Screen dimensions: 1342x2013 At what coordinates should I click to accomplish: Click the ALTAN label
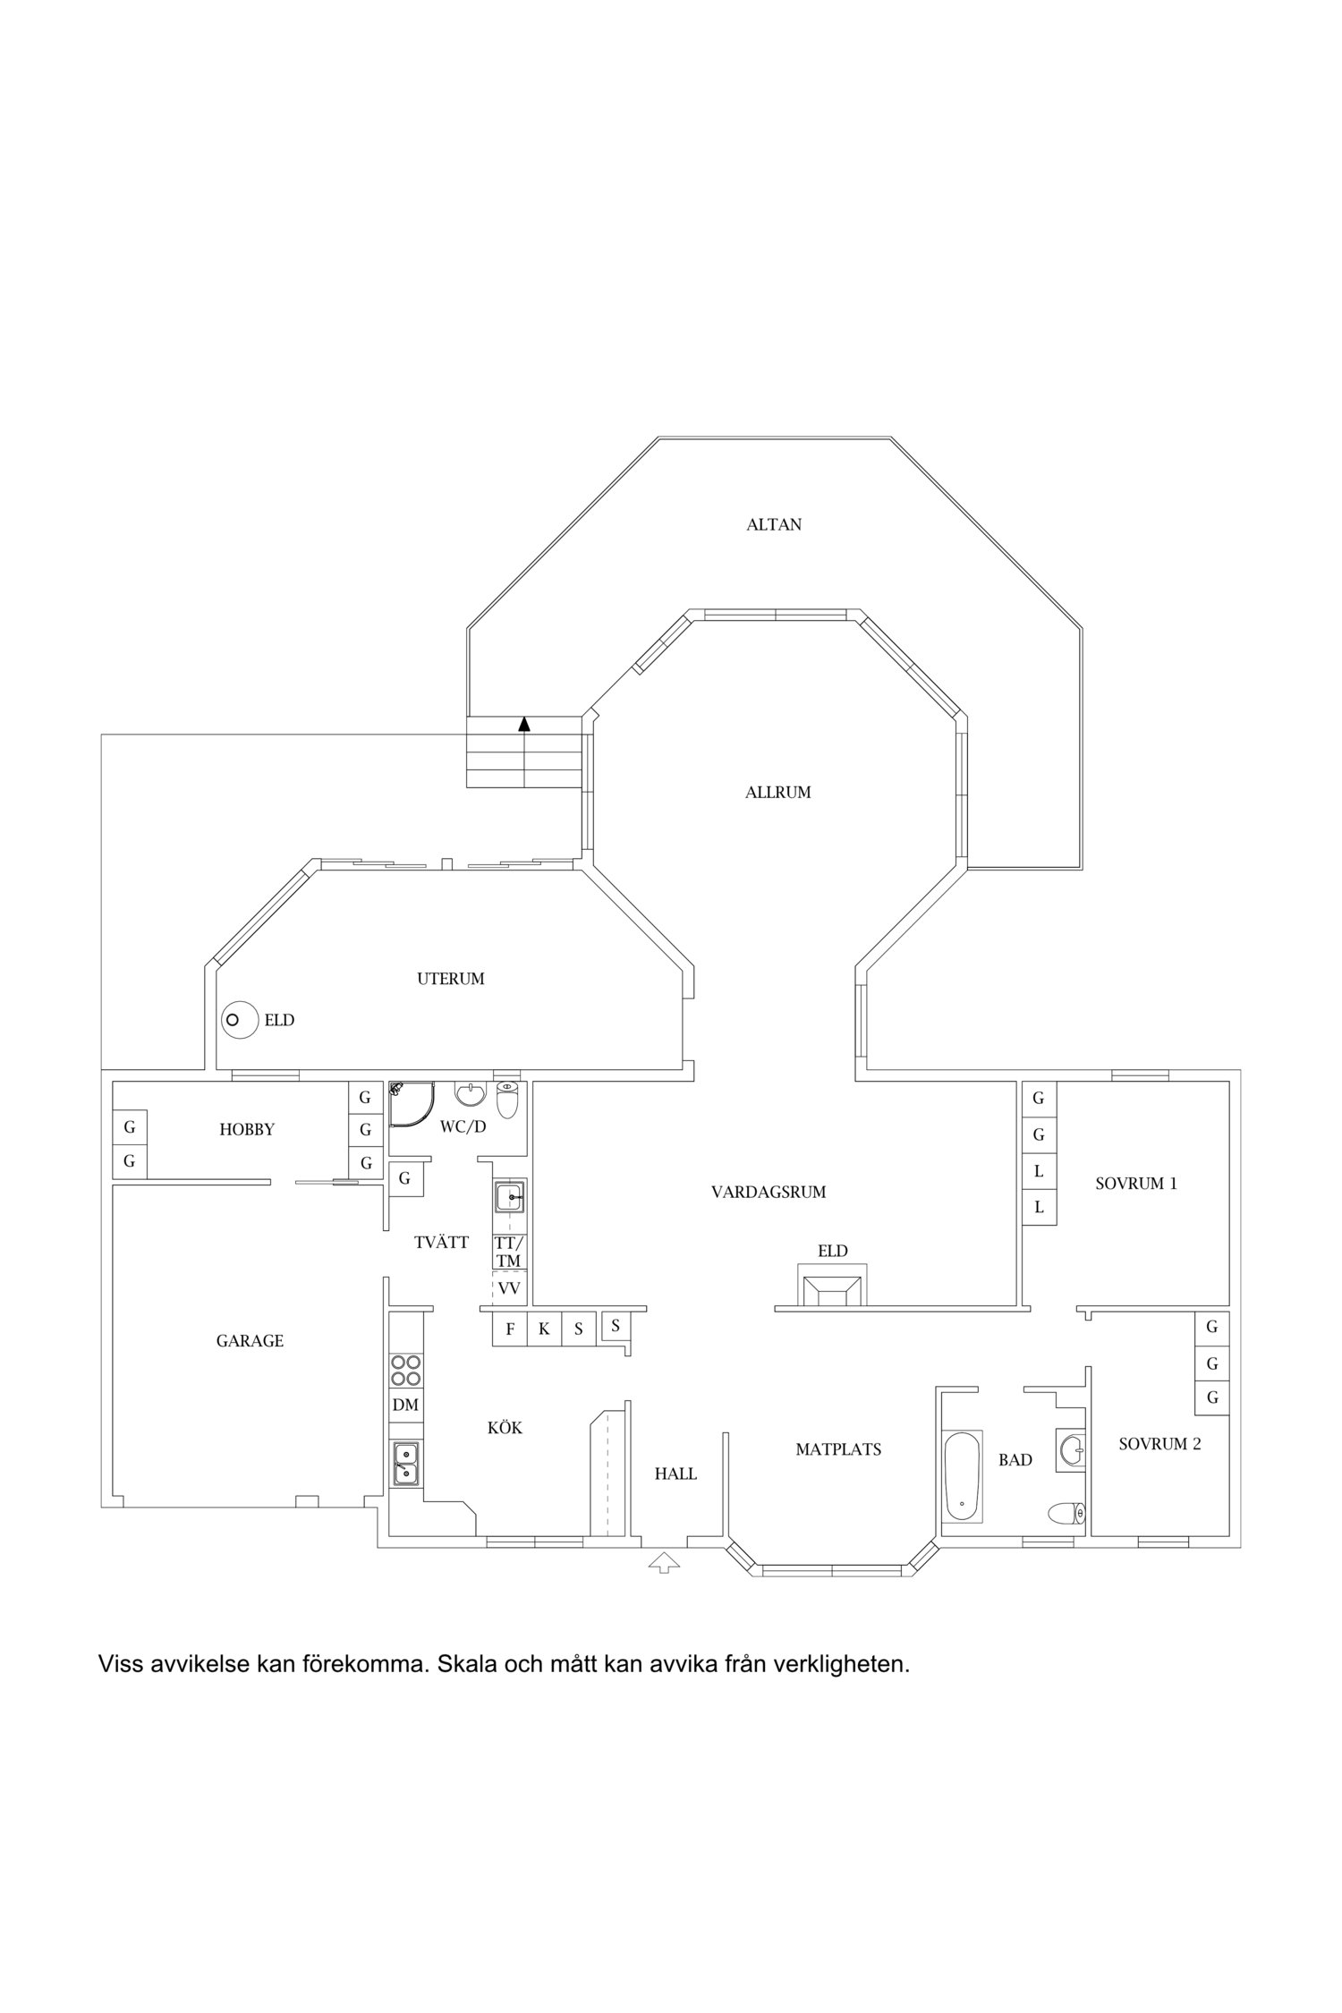click(x=774, y=525)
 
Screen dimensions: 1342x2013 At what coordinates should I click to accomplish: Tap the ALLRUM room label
click(x=777, y=793)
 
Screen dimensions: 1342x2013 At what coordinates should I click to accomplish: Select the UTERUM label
click(x=451, y=980)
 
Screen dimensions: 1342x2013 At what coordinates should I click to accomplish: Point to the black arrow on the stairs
click(x=524, y=724)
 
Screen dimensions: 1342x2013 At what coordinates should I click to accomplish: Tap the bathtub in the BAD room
click(x=962, y=1476)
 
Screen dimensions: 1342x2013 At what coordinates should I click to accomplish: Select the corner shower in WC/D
click(x=411, y=1105)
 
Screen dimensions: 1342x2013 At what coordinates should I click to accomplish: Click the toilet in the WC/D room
click(x=507, y=1100)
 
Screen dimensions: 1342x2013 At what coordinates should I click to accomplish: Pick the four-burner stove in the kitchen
click(x=406, y=1370)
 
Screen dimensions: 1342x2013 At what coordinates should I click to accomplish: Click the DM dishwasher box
click(x=405, y=1406)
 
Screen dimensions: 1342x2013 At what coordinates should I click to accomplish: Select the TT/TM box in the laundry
click(x=508, y=1252)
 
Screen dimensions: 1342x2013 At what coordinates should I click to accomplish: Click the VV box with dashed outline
click(x=509, y=1288)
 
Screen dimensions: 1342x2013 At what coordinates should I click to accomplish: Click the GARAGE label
click(x=250, y=1341)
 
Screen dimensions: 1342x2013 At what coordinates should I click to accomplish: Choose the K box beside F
click(x=544, y=1329)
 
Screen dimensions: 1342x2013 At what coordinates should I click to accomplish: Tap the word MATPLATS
click(x=838, y=1450)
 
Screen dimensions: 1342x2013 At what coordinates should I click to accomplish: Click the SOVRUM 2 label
click(x=1159, y=1444)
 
